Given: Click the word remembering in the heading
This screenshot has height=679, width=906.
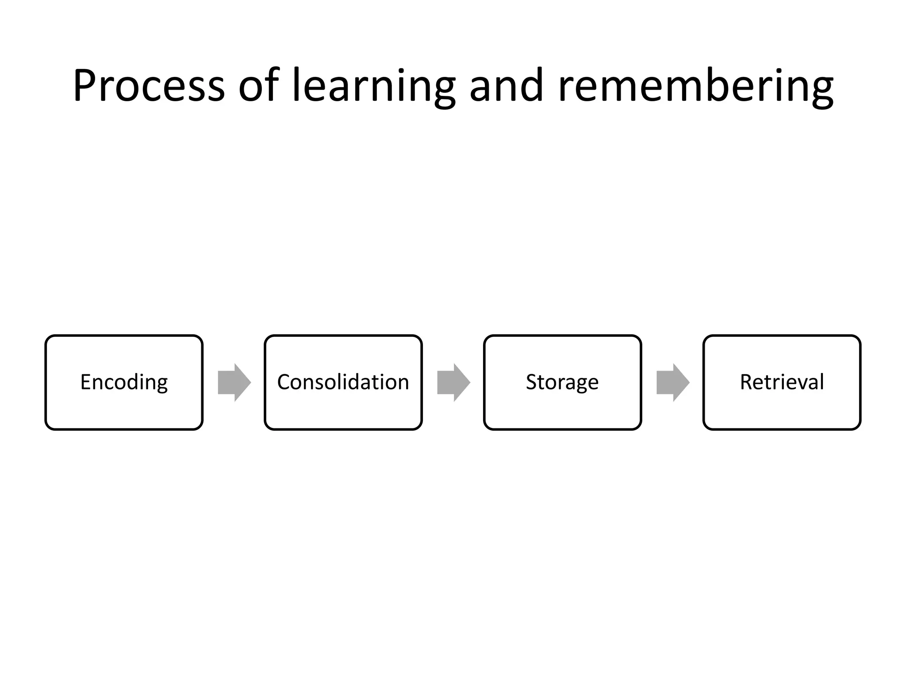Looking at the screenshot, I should [x=696, y=86].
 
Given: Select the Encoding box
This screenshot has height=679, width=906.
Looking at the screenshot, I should [x=124, y=382].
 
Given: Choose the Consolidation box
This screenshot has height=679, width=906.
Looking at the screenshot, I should [x=343, y=382].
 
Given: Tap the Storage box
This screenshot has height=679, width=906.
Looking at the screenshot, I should [x=562, y=382].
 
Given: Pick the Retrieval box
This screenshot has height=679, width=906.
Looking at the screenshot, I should [x=782, y=382].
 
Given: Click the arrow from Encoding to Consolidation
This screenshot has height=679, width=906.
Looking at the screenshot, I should [x=234, y=382].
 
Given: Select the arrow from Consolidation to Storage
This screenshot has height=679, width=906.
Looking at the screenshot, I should [x=453, y=382].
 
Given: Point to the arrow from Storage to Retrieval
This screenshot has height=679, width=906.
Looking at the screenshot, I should [x=673, y=382].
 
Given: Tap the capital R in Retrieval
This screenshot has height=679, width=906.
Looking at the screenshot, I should [x=747, y=382].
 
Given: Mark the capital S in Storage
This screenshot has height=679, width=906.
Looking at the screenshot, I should [x=531, y=382].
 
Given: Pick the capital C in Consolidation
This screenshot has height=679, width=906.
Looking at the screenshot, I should [x=284, y=382].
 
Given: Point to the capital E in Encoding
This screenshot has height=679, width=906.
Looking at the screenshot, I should [x=85, y=382].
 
